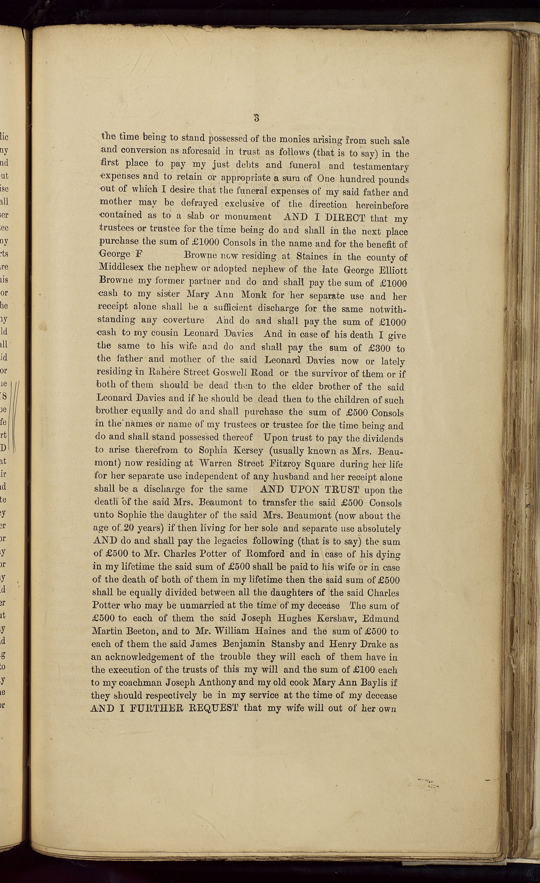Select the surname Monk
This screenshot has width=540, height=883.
pyautogui.click(x=253, y=294)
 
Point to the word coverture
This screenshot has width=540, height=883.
pyautogui.click(x=184, y=320)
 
